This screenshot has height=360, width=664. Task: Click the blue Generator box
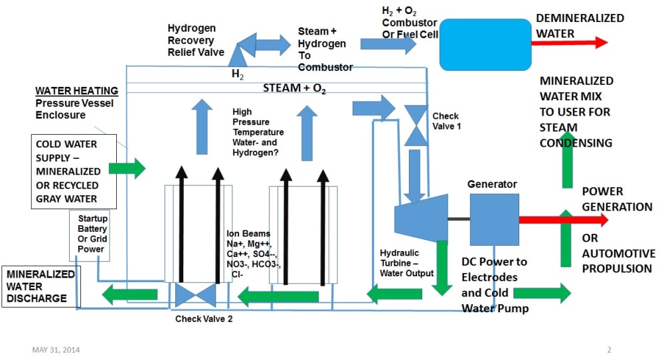(495, 219)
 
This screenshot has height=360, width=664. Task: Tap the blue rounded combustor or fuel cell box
(485, 44)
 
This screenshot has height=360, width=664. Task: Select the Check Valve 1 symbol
(416, 125)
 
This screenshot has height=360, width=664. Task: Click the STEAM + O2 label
(295, 88)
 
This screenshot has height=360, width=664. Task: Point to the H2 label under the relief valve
(237, 74)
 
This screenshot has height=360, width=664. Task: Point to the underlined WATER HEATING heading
(77, 91)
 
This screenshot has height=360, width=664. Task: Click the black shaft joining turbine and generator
(458, 219)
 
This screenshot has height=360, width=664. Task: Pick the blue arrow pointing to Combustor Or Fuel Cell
(388, 44)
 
